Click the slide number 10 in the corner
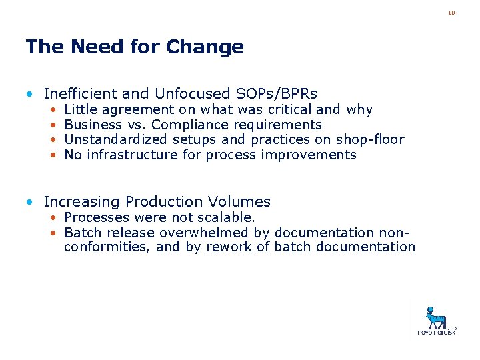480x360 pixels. (451, 13)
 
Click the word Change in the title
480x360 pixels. (205, 47)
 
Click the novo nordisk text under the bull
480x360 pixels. (437, 331)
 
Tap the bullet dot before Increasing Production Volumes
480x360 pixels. (31, 202)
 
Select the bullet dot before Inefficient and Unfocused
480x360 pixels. (31, 94)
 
